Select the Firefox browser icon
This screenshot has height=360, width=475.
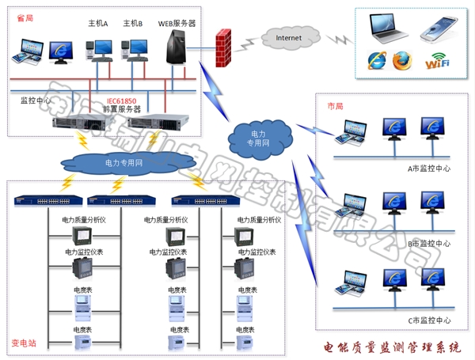click(x=403, y=60)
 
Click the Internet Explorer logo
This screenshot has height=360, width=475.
click(x=378, y=61)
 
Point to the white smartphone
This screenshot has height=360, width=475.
click(x=439, y=28)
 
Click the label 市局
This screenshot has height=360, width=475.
click(x=335, y=105)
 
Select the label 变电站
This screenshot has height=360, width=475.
click(x=24, y=343)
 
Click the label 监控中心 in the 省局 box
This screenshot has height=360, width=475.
click(x=36, y=101)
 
